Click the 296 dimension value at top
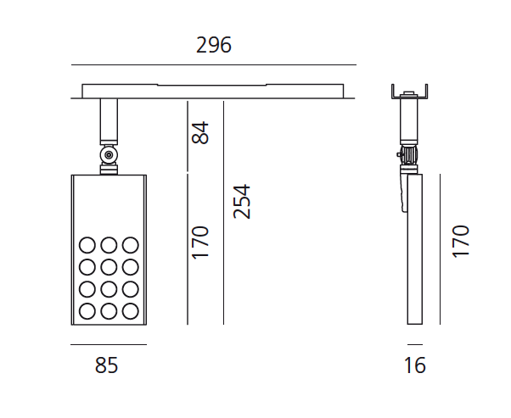214,45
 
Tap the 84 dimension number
199,132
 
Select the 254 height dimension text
242,202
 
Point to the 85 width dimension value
106,365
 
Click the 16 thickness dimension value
414,365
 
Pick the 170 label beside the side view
460,242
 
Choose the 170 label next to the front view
199,242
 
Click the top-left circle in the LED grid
87,245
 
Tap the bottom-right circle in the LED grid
131,311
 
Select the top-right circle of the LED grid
131,245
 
